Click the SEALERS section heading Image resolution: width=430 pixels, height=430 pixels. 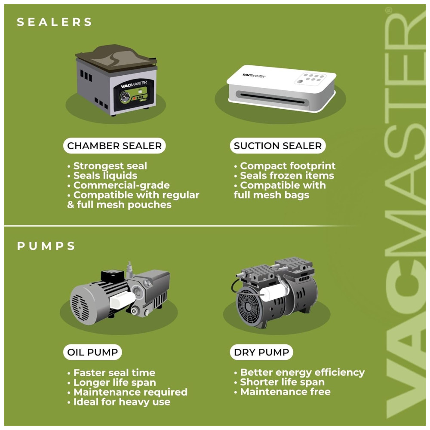[x=54, y=22]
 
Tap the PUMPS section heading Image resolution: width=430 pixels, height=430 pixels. [x=46, y=246]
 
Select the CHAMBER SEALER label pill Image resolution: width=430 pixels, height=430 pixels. [x=114, y=146]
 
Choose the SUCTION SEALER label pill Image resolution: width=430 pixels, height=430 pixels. [x=277, y=146]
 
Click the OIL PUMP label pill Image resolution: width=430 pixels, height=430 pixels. [x=92, y=352]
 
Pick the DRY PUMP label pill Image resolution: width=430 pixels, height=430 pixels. [x=261, y=352]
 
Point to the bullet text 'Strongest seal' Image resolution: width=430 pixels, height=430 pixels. [x=110, y=166]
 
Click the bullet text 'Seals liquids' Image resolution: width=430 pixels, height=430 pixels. [x=105, y=175]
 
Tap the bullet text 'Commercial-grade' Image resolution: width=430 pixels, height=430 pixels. [x=122, y=185]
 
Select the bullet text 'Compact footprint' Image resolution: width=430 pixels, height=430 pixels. [x=288, y=166]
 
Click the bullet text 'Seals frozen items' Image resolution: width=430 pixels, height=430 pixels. [x=287, y=175]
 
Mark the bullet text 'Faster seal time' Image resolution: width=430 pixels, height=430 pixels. [x=114, y=373]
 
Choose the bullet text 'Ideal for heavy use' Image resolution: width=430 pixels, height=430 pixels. [x=122, y=402]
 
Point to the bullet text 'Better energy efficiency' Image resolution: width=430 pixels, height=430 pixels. [x=302, y=372]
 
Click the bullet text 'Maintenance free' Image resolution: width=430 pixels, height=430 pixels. [x=285, y=392]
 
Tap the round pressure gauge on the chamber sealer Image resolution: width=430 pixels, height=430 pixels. [x=125, y=97]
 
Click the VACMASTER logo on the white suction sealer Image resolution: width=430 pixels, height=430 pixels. [x=254, y=75]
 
